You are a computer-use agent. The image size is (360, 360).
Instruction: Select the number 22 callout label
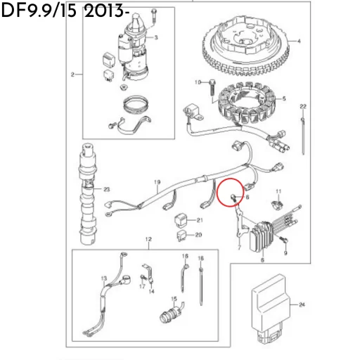pos(303,105)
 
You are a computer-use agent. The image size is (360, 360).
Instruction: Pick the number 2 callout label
pos(72,74)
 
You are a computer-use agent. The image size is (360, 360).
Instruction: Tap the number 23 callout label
pos(107,190)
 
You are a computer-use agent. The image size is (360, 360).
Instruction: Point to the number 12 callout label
pos(148,240)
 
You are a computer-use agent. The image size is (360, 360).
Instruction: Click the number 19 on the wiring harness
pos(157,183)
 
